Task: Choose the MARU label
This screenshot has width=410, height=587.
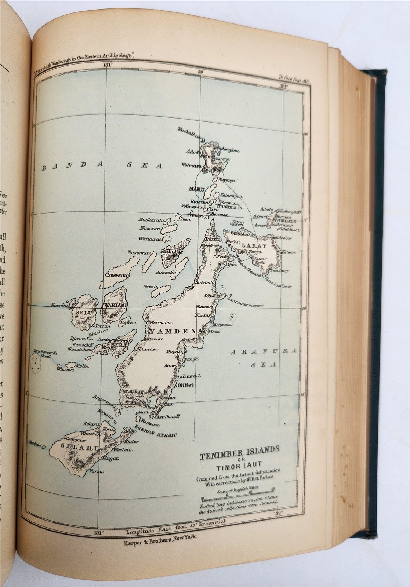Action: pos(196,189)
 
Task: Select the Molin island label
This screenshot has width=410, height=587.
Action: pos(80,365)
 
